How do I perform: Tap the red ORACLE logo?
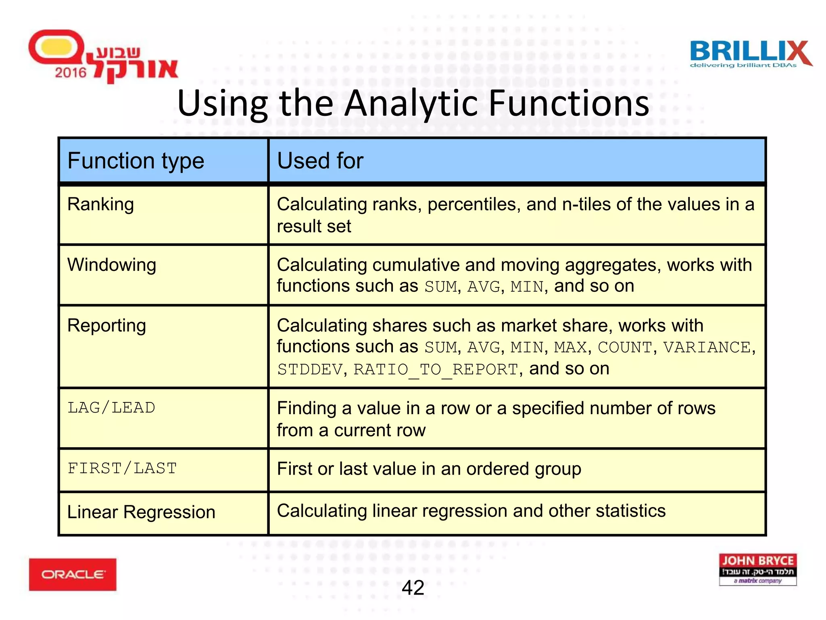pyautogui.click(x=73, y=574)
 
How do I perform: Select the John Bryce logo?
pyautogui.click(x=757, y=569)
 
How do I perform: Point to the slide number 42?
pyautogui.click(x=413, y=587)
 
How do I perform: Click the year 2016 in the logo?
pyautogui.click(x=71, y=73)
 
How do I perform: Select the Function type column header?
pyautogui.click(x=136, y=161)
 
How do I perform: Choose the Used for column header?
pyautogui.click(x=320, y=161)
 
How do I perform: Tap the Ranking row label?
pyautogui.click(x=100, y=204)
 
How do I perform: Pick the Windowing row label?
pyautogui.click(x=112, y=265)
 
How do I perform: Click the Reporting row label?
pyautogui.click(x=106, y=325)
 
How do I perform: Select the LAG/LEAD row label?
pyautogui.click(x=111, y=408)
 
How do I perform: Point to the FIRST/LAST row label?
pyautogui.click(x=122, y=468)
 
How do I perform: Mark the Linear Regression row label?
pyautogui.click(x=141, y=512)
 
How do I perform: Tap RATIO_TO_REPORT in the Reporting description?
pyautogui.click(x=436, y=369)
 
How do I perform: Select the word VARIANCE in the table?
pyautogui.click(x=707, y=347)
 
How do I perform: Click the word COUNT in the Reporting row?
pyautogui.click(x=624, y=347)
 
